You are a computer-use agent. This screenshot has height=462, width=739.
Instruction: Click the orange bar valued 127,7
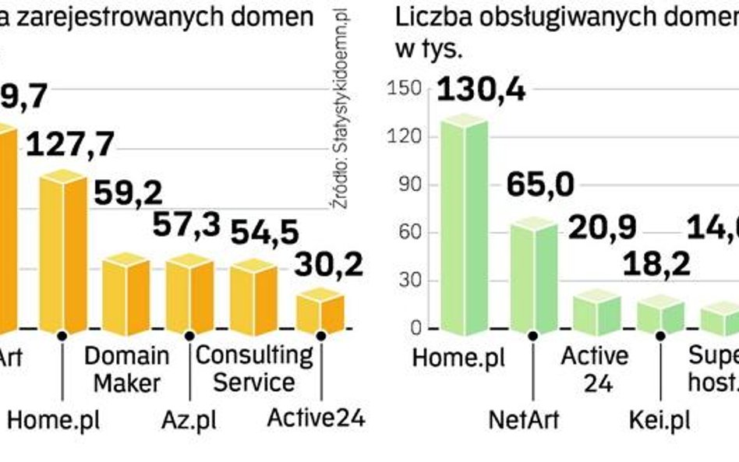(x=63, y=253)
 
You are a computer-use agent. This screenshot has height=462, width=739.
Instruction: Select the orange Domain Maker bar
(x=126, y=292)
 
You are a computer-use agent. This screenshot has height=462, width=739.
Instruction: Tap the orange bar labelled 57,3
(x=189, y=292)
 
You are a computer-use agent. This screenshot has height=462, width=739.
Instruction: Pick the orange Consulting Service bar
(x=254, y=294)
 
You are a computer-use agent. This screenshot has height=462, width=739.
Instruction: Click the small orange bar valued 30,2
(x=320, y=309)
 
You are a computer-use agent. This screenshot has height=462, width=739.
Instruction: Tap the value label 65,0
(x=539, y=186)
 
